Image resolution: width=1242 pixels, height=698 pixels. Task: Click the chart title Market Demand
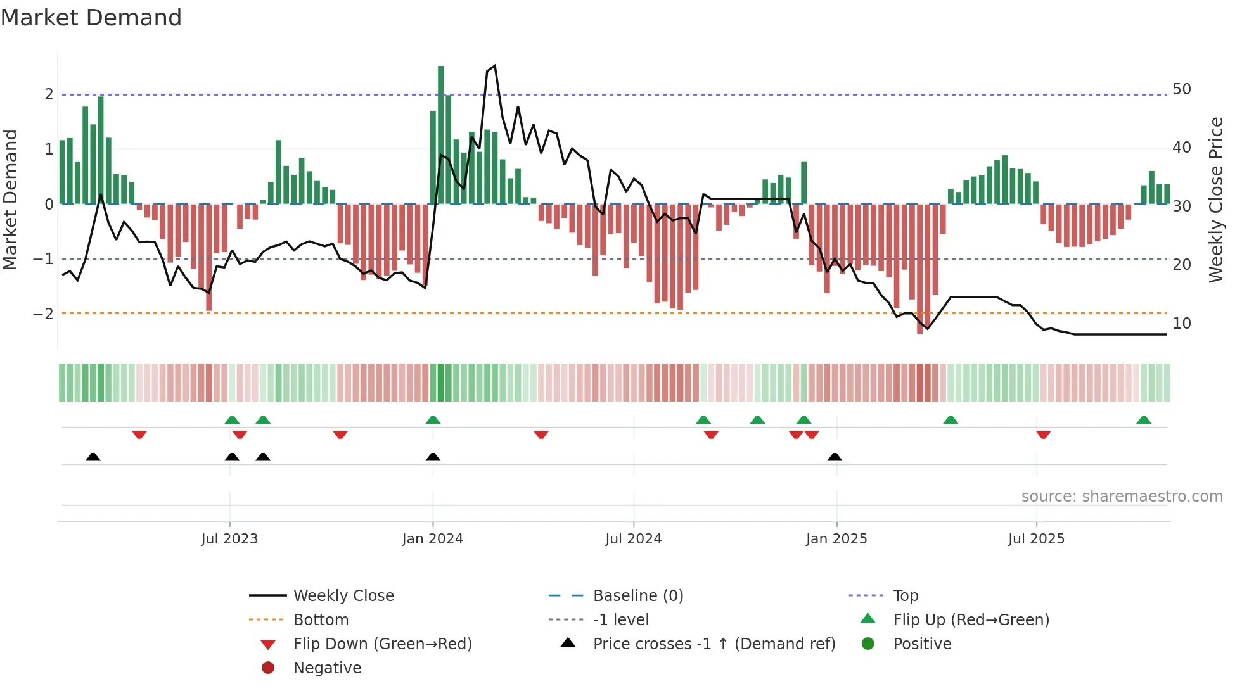tap(91, 18)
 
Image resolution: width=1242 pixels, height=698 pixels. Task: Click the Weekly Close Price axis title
tap(1215, 200)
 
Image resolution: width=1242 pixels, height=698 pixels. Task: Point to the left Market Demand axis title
tap(10, 200)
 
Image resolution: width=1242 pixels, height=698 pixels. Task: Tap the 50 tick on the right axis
tap(1181, 89)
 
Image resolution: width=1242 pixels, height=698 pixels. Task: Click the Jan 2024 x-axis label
tap(432, 539)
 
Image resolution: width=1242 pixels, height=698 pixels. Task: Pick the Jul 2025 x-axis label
tap(1036, 539)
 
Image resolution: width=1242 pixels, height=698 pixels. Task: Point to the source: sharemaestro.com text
tap(1122, 497)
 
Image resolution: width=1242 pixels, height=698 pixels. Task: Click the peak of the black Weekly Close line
tap(494, 66)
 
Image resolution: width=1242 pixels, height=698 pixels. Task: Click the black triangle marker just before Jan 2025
tap(835, 457)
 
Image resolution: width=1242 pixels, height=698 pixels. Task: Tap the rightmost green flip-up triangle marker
tap(1143, 420)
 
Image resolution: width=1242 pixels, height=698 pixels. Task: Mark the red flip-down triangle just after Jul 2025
tap(1043, 435)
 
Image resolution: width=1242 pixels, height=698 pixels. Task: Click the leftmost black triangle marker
tap(93, 457)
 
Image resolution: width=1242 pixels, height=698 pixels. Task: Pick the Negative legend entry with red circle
tap(326, 668)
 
